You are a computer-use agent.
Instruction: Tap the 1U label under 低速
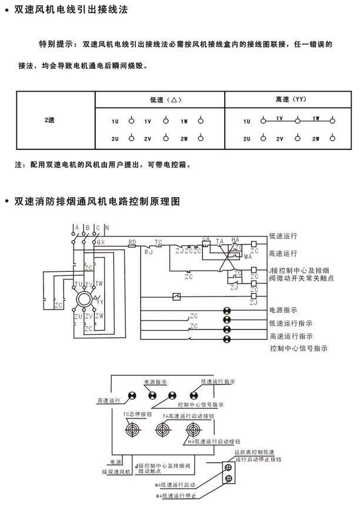click(x=115, y=121)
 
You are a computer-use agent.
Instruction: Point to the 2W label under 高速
click(x=316, y=139)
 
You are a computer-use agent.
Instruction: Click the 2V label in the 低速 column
click(x=148, y=139)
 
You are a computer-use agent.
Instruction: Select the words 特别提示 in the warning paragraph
click(x=56, y=44)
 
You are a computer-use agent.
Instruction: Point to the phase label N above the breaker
click(x=106, y=228)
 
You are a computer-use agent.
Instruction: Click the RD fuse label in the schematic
click(x=132, y=242)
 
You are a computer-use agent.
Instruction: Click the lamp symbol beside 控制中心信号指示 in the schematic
click(x=226, y=339)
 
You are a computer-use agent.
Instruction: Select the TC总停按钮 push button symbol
click(x=133, y=431)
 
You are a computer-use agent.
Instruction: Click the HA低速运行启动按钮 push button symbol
click(x=192, y=430)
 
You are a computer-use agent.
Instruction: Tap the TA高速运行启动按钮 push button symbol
click(x=162, y=431)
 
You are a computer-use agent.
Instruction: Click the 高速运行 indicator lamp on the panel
click(x=134, y=396)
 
